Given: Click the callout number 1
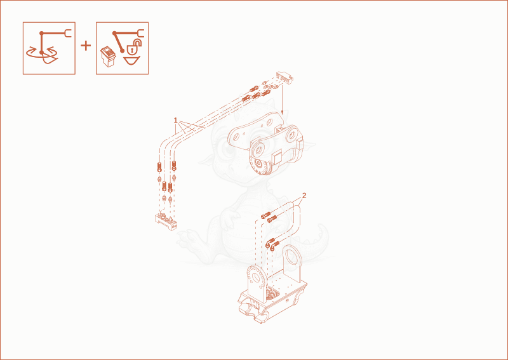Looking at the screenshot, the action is pos(176,121).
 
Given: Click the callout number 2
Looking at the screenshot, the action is pos(304,196).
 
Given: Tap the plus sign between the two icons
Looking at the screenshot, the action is pos(86,46).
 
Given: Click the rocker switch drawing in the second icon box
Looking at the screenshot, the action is pos(108,56).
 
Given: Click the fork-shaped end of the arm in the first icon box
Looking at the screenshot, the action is pos(68,33).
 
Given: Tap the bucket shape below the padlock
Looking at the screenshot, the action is pos(132,60).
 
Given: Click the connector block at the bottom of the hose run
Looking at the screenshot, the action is pos(166,221).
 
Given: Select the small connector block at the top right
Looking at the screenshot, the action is pos(284,76).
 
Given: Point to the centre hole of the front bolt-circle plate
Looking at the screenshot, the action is pos(257,278).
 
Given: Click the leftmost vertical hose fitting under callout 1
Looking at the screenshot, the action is pos(159,167).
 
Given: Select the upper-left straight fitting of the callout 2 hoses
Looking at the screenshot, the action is pos(265,215).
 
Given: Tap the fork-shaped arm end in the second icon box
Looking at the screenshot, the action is pos(140,33).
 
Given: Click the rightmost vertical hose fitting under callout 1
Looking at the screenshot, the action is pos(174,166).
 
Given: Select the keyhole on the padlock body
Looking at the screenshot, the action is pos(132,50).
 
